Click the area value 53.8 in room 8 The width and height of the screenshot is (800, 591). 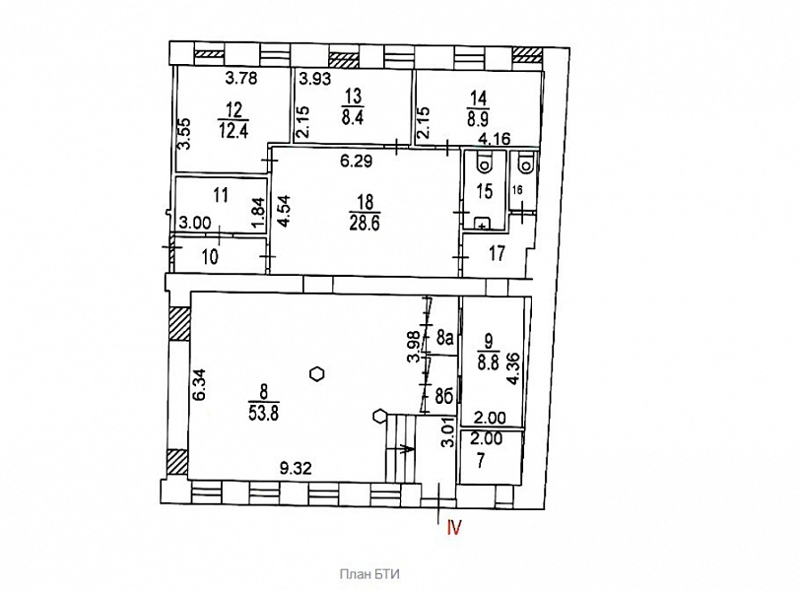[x=264, y=412]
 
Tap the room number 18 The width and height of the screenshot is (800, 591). [x=366, y=202]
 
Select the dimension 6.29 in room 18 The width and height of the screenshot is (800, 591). [x=357, y=162]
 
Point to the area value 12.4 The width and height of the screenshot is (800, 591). [x=233, y=131]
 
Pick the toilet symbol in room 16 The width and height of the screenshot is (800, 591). [x=524, y=163]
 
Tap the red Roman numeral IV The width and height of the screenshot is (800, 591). [x=454, y=527]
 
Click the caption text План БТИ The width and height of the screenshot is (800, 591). [x=369, y=574]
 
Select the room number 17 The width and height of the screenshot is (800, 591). [x=497, y=253]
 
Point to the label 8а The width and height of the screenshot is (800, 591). [x=445, y=337]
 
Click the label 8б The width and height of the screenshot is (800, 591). [x=445, y=397]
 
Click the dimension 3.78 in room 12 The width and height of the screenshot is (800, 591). [x=241, y=79]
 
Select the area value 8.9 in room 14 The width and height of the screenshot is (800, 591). [x=478, y=118]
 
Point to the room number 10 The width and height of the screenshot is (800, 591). [x=210, y=256]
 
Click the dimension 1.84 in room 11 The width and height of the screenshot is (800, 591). [x=259, y=214]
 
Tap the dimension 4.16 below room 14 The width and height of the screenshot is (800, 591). [x=495, y=139]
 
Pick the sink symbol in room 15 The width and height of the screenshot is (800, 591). [x=483, y=224]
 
